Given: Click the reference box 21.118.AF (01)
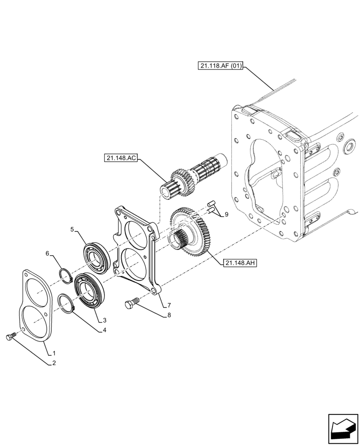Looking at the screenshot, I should click(x=221, y=66).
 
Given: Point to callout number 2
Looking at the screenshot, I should click(x=54, y=363).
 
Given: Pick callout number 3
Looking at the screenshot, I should click(x=104, y=320).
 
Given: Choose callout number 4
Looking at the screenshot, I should click(x=104, y=330).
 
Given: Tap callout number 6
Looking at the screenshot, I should click(x=47, y=253).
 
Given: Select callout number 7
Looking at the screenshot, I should click(x=169, y=306).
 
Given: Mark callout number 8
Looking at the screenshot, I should click(x=169, y=315).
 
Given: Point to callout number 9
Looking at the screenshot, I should click(x=226, y=215).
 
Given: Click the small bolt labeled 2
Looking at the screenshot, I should click(x=11, y=337).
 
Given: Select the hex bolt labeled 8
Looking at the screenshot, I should click(x=130, y=305).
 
